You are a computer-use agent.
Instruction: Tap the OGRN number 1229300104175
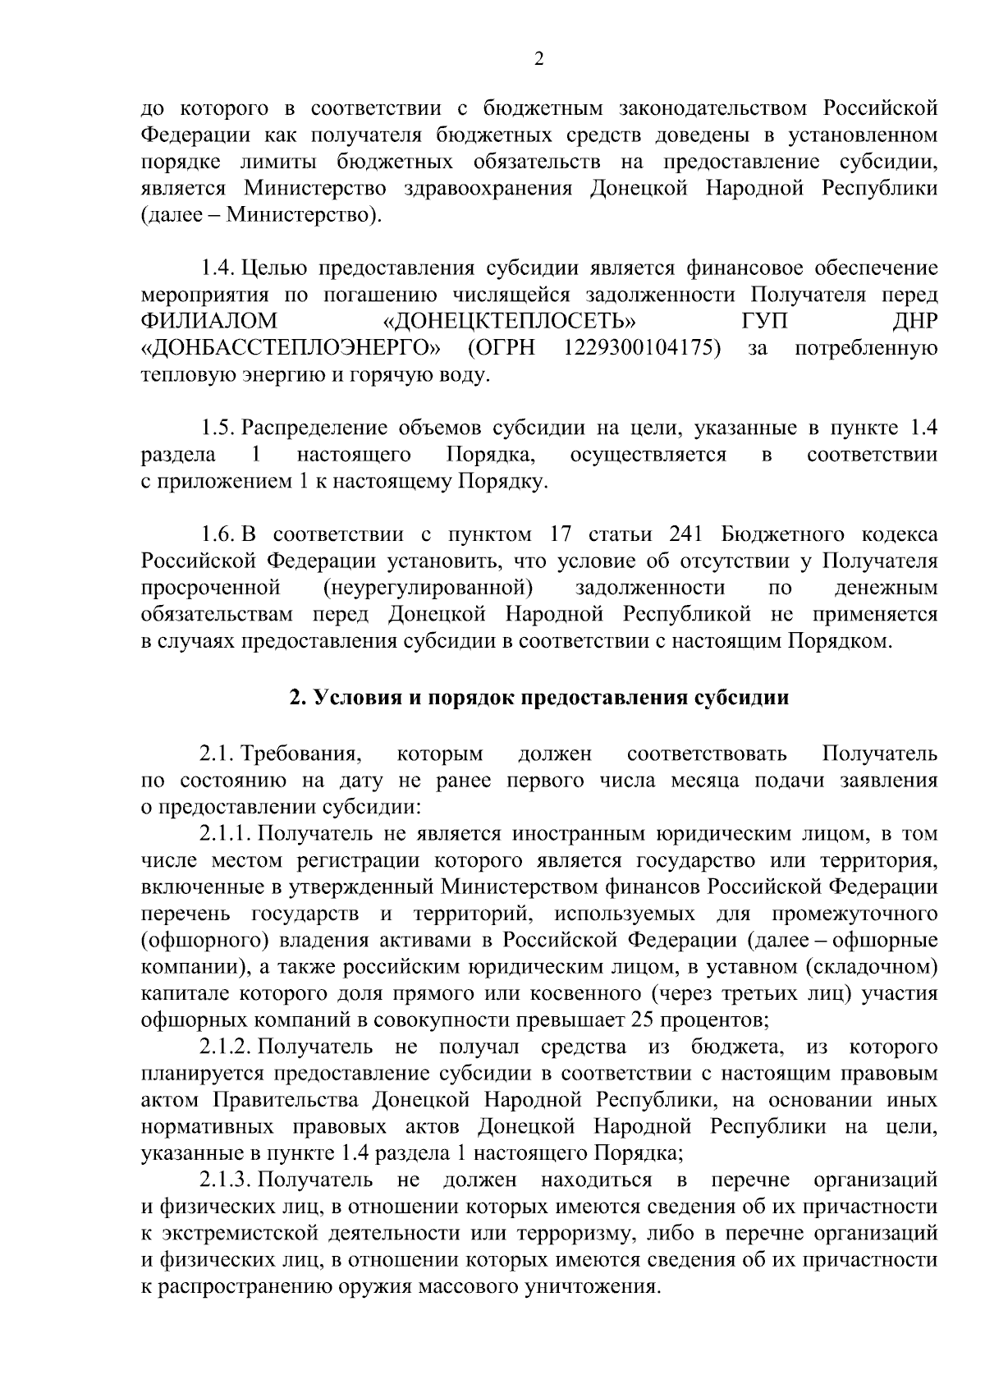pos(643,348)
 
